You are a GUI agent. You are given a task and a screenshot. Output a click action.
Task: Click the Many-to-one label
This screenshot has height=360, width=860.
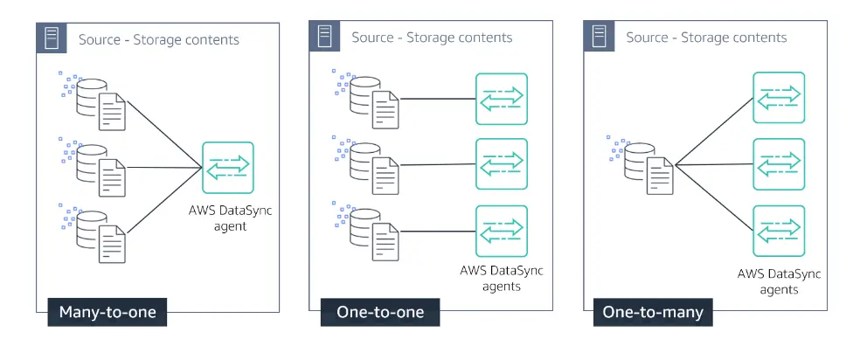[x=107, y=313]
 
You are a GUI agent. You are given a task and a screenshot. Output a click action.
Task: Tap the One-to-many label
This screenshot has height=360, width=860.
[x=652, y=313]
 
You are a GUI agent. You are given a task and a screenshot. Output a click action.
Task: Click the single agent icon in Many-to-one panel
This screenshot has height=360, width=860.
[x=228, y=167]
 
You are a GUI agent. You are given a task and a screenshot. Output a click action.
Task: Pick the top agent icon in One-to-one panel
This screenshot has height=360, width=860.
[x=502, y=98]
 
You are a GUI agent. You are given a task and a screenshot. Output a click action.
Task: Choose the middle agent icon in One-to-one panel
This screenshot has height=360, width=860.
[x=502, y=163]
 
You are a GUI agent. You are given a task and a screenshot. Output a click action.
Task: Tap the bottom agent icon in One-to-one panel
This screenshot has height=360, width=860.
[x=502, y=231]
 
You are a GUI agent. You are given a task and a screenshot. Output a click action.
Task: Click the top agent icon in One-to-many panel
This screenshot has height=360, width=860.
[x=779, y=98]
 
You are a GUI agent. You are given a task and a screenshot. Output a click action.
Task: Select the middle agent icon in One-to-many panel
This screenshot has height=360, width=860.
[x=779, y=163]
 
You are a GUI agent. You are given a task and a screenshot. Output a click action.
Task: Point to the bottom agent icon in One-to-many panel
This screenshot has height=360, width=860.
[x=779, y=231]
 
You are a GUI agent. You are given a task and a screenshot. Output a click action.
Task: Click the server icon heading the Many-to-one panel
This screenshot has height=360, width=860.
[x=52, y=38]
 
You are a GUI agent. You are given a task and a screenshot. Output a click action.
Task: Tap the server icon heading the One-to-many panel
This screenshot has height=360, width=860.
[x=600, y=37]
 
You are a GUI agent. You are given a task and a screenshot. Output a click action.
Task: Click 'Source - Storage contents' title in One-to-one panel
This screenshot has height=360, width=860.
[x=432, y=38]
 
